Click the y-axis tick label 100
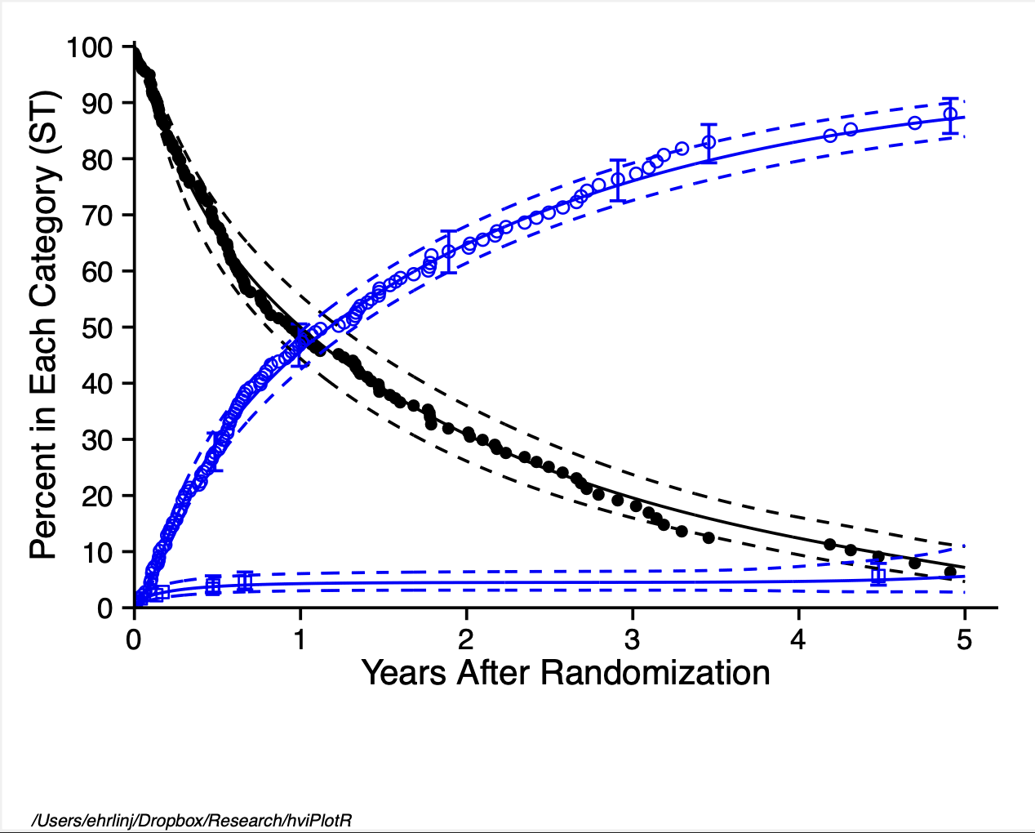point(90,47)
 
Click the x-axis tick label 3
point(632,639)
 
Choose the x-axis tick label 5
point(964,639)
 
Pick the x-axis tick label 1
point(300,639)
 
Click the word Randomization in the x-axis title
point(655,674)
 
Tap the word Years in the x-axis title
point(405,674)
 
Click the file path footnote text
point(191,820)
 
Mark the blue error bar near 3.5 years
point(709,143)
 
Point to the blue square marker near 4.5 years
point(878,576)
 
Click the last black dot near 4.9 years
point(950,572)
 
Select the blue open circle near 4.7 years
point(915,123)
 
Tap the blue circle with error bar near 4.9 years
point(949,114)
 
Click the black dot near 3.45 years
point(709,538)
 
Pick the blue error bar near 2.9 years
point(618,180)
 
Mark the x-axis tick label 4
point(798,639)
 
